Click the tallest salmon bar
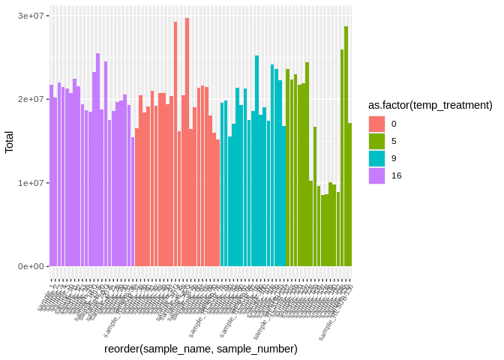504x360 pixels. click(x=187, y=142)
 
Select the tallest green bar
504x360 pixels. click(x=346, y=146)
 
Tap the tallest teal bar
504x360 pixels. click(x=256, y=160)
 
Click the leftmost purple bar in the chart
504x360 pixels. click(x=52, y=175)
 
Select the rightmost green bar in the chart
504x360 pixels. click(x=349, y=194)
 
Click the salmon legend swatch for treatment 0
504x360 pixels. click(x=376, y=124)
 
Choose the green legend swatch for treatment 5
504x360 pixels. click(x=376, y=141)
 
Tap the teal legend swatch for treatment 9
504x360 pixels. click(x=376, y=158)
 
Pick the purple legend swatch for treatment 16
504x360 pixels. click(x=376, y=175)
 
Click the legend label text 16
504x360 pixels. click(x=396, y=175)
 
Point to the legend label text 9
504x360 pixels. click(x=394, y=158)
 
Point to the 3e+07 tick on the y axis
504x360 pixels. click(x=34, y=16)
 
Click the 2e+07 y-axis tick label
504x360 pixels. click(x=34, y=99)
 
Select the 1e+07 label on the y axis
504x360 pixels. click(x=34, y=183)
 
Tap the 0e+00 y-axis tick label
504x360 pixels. click(x=34, y=266)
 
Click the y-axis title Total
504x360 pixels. click(x=9, y=141)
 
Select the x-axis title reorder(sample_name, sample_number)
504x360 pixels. click(x=201, y=349)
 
